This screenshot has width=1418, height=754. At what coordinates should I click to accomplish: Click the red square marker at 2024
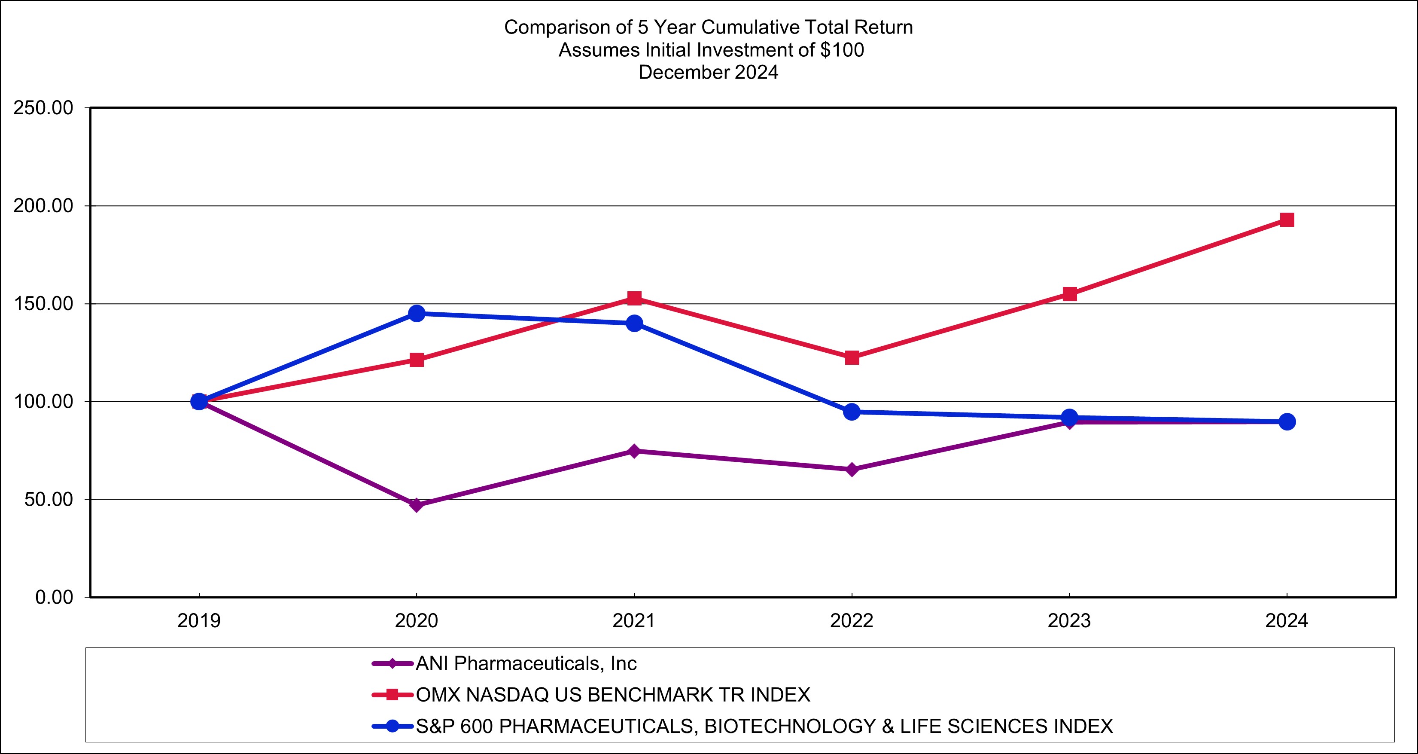[1287, 220]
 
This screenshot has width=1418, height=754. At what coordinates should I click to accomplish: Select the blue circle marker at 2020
[417, 313]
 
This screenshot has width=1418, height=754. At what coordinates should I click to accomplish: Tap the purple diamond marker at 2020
[417, 504]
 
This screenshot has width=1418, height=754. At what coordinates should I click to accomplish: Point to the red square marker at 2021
[634, 298]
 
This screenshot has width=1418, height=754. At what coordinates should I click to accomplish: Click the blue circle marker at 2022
[852, 412]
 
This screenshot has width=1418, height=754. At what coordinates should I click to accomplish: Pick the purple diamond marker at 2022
[852, 469]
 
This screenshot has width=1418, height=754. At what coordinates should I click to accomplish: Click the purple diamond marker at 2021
[634, 451]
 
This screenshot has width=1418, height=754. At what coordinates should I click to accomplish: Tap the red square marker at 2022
[852, 357]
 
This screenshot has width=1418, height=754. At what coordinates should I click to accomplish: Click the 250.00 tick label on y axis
[43, 108]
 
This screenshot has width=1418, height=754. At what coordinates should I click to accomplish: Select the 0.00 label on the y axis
[54, 597]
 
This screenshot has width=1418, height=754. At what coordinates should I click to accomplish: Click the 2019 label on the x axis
[199, 621]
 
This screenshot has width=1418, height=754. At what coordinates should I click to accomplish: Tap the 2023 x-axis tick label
[1069, 621]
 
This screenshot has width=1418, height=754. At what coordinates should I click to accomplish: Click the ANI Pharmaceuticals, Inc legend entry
[526, 663]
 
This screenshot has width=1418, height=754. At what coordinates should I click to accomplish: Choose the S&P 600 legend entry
[764, 726]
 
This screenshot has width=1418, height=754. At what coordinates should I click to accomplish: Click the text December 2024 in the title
[709, 72]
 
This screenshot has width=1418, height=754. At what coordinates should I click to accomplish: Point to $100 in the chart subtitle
[842, 50]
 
